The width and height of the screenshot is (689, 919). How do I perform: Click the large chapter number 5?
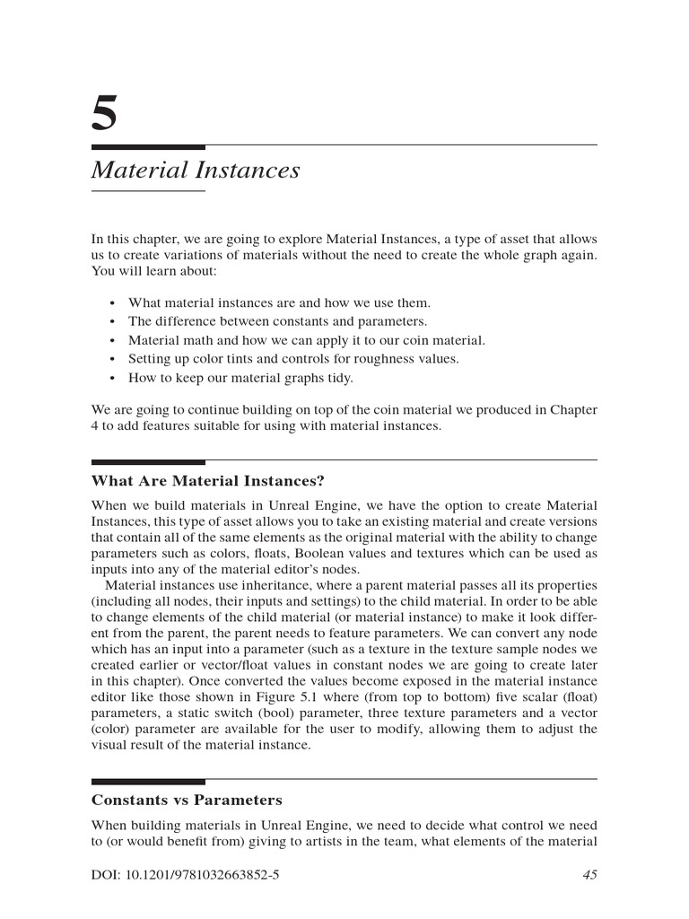point(104,115)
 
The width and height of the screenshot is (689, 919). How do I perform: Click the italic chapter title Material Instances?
point(196,170)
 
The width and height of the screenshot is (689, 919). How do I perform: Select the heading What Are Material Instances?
point(207,481)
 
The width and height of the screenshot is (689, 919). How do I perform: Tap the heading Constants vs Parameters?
point(187,800)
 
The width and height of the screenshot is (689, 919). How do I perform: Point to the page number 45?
point(589,875)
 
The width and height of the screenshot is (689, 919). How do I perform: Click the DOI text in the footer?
point(186,875)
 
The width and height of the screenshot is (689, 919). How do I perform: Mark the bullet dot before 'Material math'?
point(111,341)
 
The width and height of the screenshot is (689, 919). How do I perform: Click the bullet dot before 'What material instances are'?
point(111,303)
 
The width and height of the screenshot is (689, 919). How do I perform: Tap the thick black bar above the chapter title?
point(148,146)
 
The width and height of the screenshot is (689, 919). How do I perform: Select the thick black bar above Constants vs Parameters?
point(148,781)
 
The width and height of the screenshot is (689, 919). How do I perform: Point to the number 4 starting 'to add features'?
point(95,426)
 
